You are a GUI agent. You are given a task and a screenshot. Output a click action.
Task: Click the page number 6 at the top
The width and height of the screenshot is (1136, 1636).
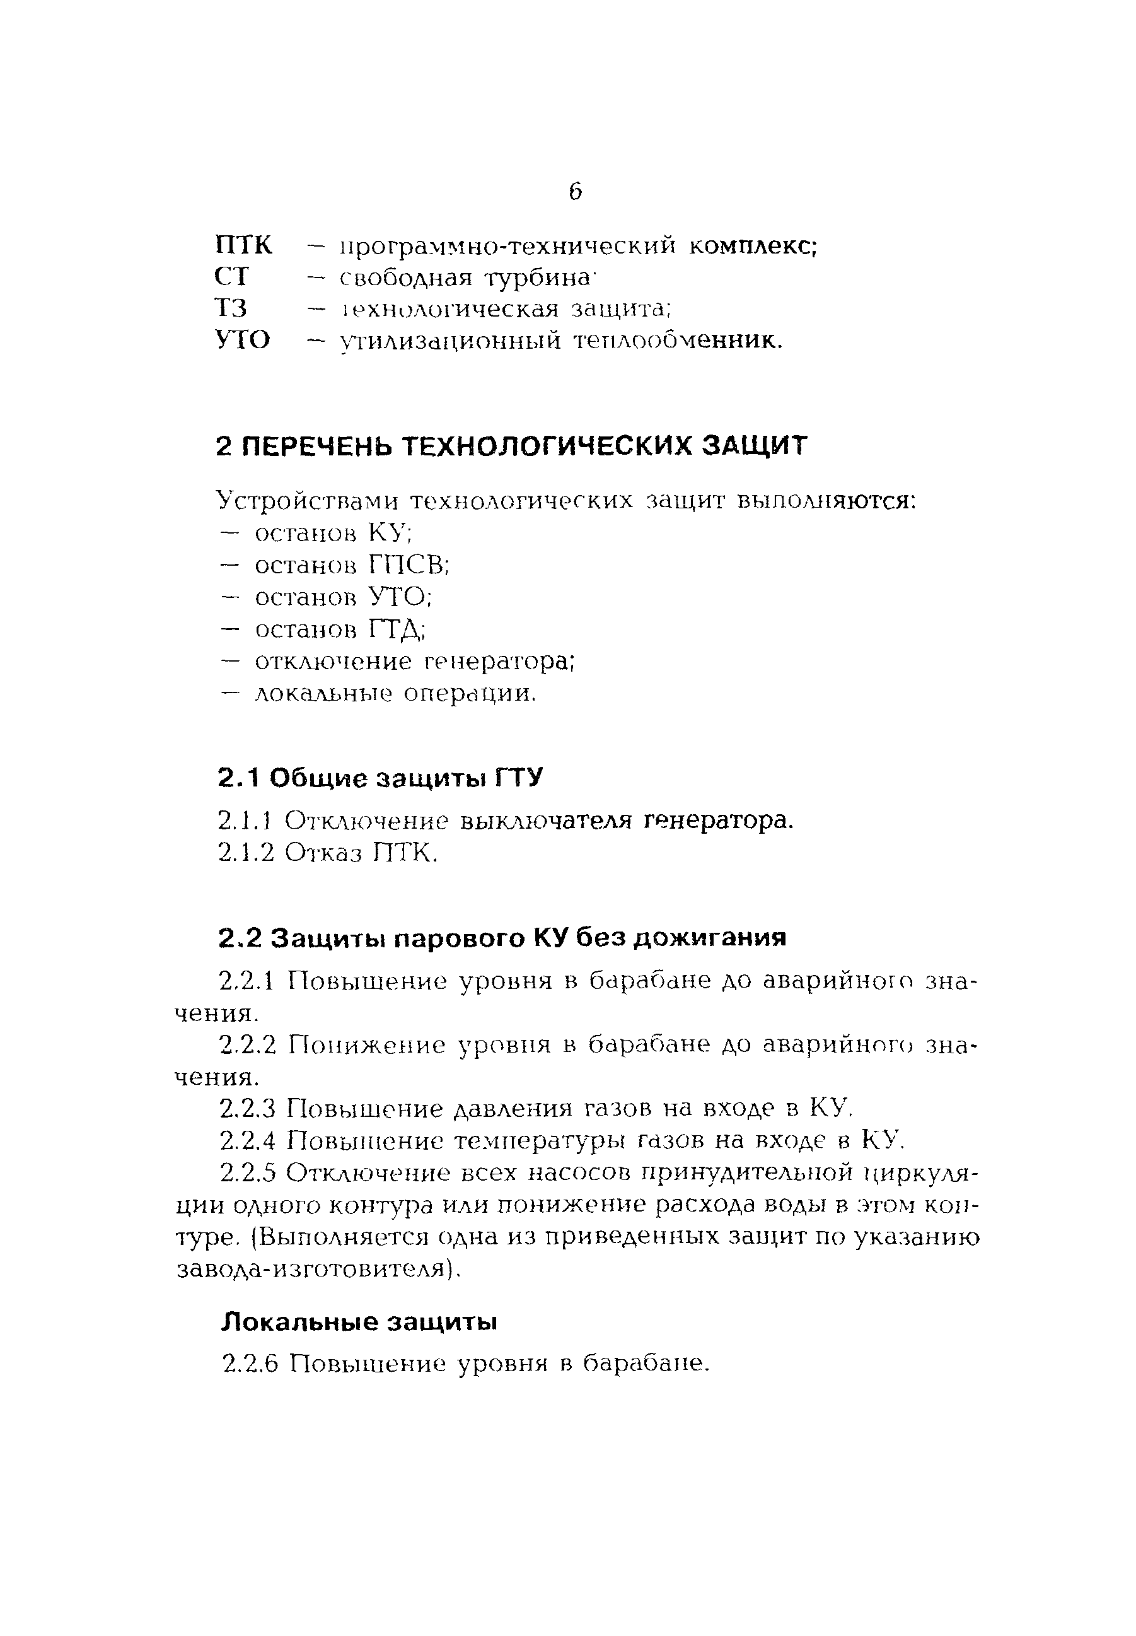click(x=575, y=192)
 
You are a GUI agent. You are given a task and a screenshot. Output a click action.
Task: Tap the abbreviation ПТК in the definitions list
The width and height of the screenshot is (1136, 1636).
click(x=243, y=245)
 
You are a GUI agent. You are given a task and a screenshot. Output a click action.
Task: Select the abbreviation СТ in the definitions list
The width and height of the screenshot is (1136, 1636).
click(x=232, y=277)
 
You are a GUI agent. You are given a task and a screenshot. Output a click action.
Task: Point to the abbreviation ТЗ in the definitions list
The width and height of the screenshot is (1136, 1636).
click(x=231, y=309)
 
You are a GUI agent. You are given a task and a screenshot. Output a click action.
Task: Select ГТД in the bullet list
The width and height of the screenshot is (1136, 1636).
click(x=397, y=629)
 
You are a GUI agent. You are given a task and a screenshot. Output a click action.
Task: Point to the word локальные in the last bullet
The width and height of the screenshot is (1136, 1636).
click(x=323, y=693)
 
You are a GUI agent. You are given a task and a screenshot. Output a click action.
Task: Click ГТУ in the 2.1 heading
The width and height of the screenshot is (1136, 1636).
click(x=519, y=778)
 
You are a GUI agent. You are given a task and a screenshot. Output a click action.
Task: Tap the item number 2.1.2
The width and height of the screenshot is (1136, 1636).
click(x=246, y=853)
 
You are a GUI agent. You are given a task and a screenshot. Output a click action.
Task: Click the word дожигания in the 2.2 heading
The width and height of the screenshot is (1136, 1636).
click(x=710, y=938)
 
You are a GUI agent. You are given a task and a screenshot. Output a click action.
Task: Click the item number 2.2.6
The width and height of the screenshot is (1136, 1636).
click(x=249, y=1364)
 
